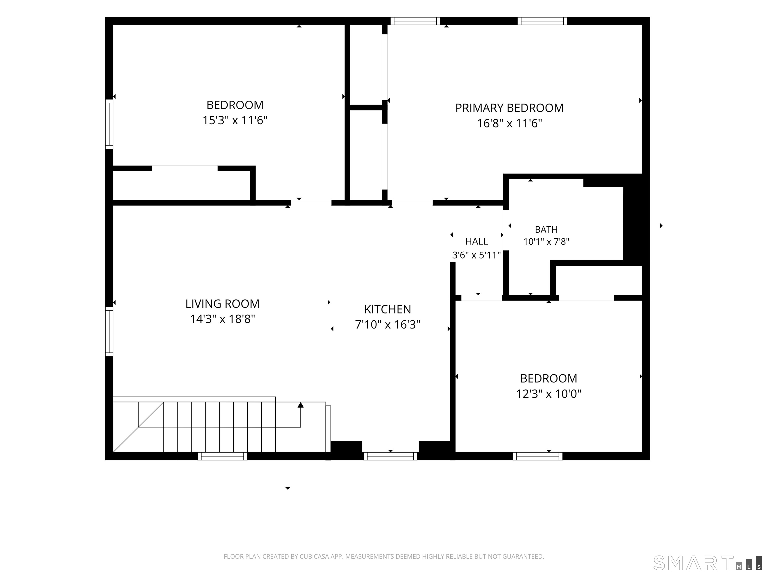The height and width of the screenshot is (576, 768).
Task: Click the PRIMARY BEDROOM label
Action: click(509, 108)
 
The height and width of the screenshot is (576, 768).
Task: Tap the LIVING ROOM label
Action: click(222, 304)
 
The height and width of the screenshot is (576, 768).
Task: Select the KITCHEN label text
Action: click(387, 309)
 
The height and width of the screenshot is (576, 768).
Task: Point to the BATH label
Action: click(546, 229)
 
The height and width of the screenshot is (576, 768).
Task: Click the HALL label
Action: click(477, 241)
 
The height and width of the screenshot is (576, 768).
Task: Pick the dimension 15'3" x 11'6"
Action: click(235, 120)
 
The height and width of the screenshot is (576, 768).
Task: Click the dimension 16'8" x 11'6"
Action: click(509, 123)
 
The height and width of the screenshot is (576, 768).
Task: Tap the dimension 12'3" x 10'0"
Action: click(548, 394)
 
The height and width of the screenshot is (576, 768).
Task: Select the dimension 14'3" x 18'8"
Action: click(222, 319)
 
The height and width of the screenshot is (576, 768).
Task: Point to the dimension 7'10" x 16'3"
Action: click(387, 325)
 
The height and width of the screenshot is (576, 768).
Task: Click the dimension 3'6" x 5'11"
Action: click(476, 255)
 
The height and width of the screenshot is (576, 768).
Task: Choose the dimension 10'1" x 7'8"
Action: click(546, 242)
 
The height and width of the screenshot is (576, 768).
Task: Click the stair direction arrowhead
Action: click(301, 405)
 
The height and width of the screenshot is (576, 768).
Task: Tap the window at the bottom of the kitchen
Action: click(390, 456)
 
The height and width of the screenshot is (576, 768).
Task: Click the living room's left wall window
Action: click(109, 331)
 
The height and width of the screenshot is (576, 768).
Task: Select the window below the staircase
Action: click(222, 456)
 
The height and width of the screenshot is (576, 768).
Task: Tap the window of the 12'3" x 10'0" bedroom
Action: click(537, 456)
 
